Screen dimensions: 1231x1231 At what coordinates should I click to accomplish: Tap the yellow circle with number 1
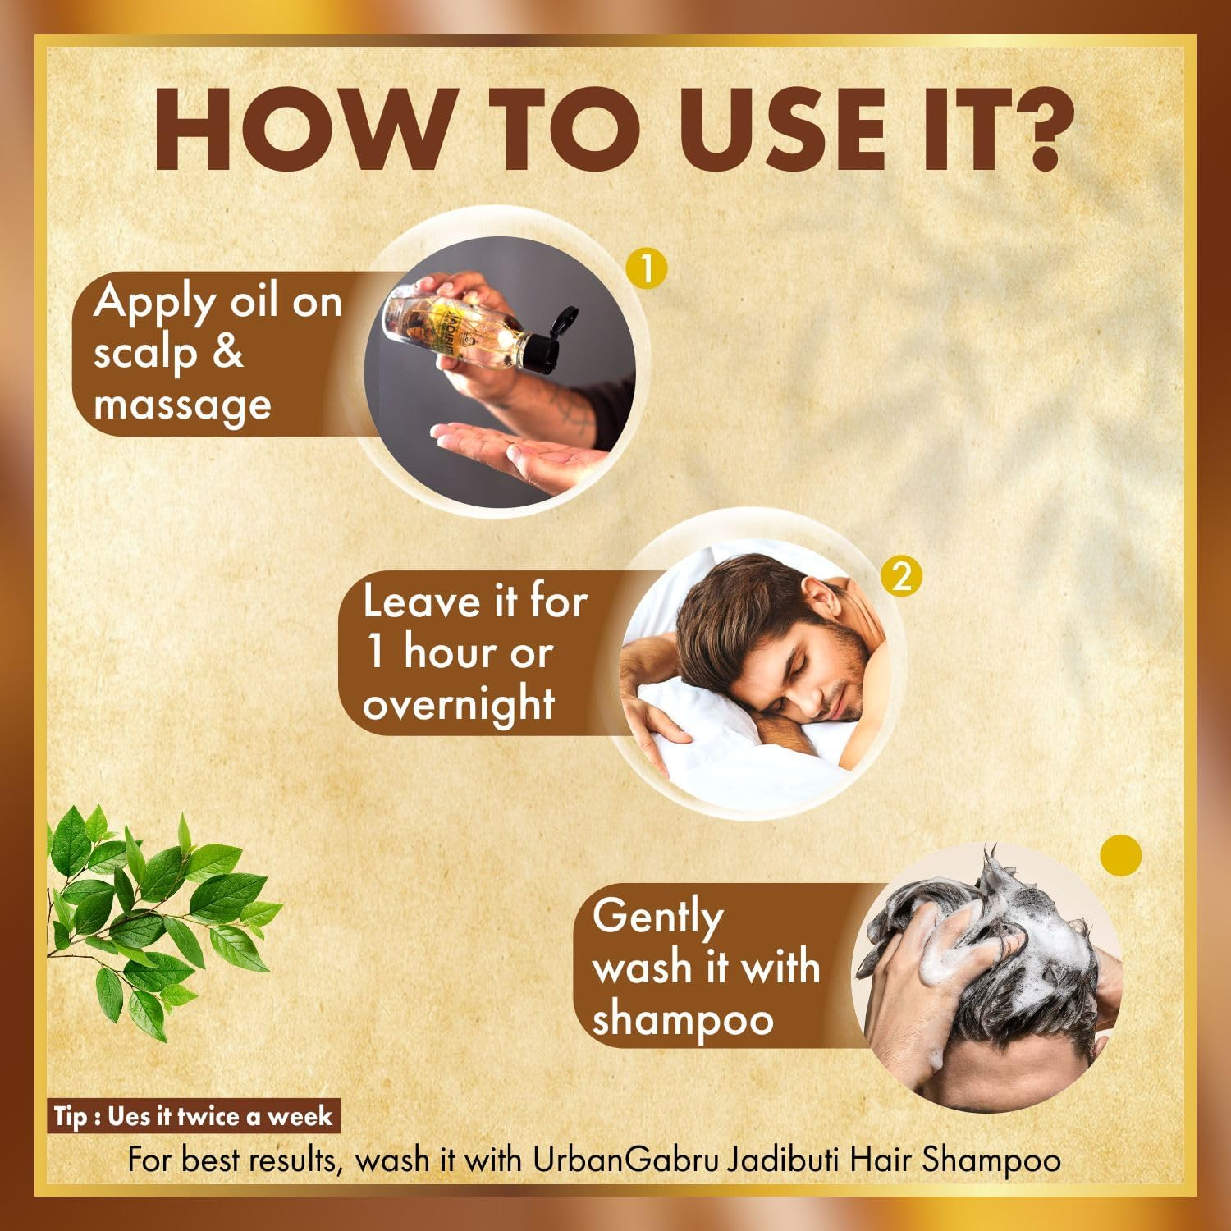646,268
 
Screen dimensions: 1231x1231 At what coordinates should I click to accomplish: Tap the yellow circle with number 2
901,577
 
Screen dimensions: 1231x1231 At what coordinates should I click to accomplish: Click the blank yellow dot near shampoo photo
1120,856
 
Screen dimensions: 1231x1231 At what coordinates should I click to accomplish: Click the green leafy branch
156,911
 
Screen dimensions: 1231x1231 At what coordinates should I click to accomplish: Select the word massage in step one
182,405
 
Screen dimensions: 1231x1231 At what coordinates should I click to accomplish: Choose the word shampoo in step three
683,1020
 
